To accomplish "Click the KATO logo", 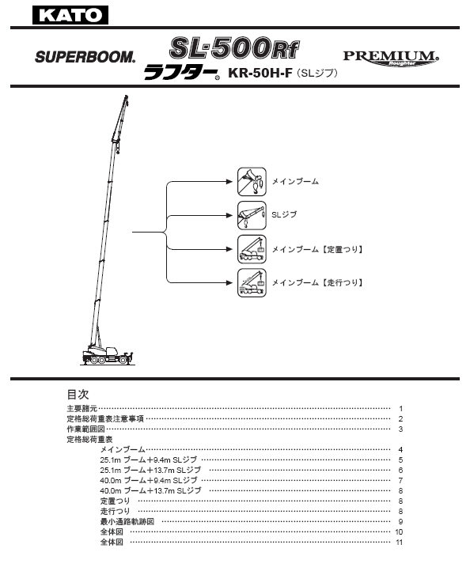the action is click(x=70, y=15).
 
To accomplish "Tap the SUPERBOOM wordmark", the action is click(x=85, y=57).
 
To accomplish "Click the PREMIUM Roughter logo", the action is click(x=391, y=59).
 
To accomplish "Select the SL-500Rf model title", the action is click(x=234, y=48).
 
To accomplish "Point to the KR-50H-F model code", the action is click(x=260, y=74).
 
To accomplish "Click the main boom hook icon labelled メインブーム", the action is click(x=252, y=182).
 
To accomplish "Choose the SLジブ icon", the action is click(x=252, y=216).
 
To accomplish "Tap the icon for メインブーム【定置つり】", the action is click(x=252, y=249).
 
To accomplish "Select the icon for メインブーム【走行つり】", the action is click(x=252, y=283).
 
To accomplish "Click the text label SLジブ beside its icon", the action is click(x=284, y=215).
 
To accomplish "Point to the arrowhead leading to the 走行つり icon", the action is click(x=229, y=282).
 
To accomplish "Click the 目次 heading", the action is click(x=78, y=394).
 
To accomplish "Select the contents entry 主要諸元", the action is click(x=82, y=409).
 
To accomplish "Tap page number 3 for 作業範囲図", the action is click(x=400, y=429).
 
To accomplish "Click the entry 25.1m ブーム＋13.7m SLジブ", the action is click(x=150, y=470).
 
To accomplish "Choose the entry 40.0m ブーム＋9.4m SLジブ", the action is click(x=149, y=480).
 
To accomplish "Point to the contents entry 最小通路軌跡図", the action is click(x=127, y=521).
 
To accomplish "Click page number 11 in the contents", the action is click(x=400, y=543).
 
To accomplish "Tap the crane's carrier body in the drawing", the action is click(x=106, y=355).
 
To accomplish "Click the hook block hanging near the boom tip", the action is click(x=117, y=147).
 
